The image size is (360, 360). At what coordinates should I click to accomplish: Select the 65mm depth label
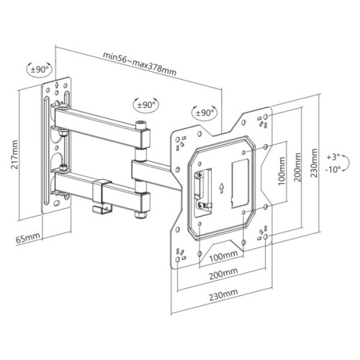(x=29, y=235)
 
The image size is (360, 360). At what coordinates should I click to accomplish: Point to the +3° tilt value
(x=332, y=155)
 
